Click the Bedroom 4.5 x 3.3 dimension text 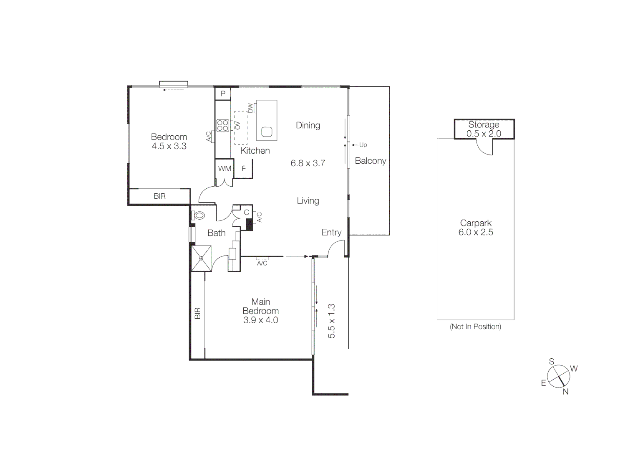[169, 146]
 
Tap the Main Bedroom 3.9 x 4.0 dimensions [260, 320]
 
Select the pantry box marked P [223, 94]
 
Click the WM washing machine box [224, 169]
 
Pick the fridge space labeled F [244, 169]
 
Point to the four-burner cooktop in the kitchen [222, 125]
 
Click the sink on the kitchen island [267, 132]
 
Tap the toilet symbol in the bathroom [199, 215]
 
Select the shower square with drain [201, 258]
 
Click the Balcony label [370, 161]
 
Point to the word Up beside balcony [363, 145]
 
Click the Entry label [331, 233]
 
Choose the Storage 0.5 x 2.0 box [484, 129]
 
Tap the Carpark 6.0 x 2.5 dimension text [476, 233]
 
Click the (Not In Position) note [475, 327]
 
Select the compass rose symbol [558, 376]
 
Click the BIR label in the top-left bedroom [159, 196]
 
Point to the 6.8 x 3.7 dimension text [308, 163]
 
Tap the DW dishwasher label [250, 108]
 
